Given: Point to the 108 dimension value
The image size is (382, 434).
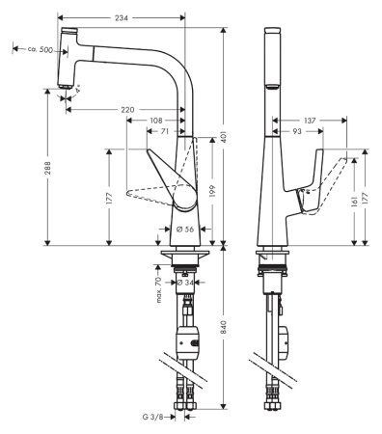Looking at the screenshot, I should click(157, 120).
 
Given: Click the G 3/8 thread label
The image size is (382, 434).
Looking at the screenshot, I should click(152, 418).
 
